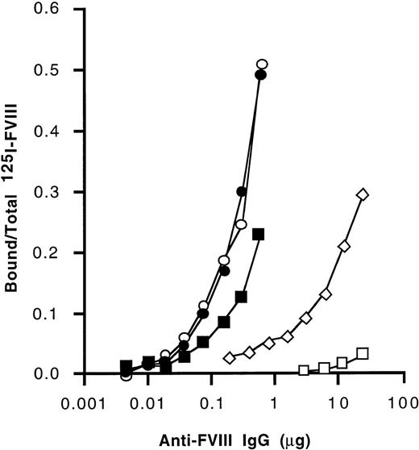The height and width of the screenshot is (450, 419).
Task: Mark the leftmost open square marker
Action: click(304, 371)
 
